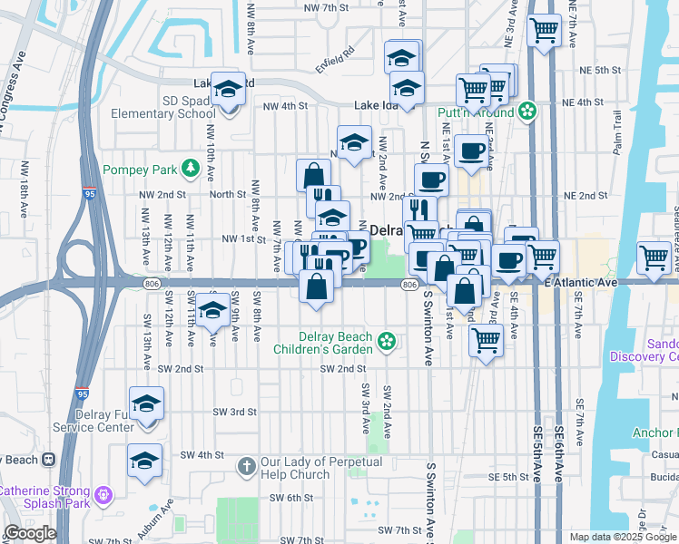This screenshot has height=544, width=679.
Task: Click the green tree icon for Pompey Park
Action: [190, 169]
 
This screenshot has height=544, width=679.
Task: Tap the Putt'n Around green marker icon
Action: [526, 112]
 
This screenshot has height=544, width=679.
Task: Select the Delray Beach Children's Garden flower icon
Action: [387, 342]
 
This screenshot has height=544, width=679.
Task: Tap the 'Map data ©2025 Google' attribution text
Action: [622, 537]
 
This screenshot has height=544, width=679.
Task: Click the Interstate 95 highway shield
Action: [88, 193]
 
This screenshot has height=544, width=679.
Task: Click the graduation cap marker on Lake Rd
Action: [229, 89]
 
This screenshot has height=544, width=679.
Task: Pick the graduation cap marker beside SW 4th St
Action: [144, 461]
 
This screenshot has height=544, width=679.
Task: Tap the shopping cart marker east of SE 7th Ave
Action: [654, 257]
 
